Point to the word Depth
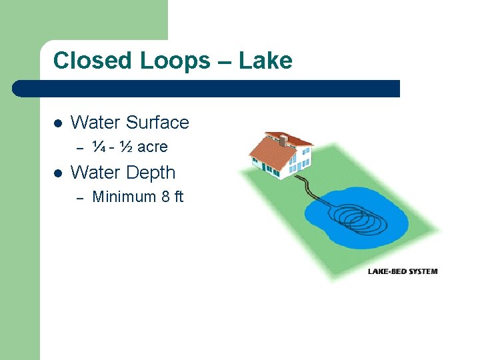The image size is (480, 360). pyautogui.click(x=151, y=173)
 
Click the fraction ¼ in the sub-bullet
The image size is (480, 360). pyautogui.click(x=99, y=147)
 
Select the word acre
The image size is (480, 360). pyautogui.click(x=153, y=147)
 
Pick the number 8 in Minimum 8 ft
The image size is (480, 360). pyautogui.click(x=165, y=197)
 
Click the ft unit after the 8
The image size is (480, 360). pyautogui.click(x=178, y=197)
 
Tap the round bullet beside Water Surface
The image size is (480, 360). pyautogui.click(x=57, y=123)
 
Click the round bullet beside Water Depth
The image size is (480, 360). pyautogui.click(x=57, y=173)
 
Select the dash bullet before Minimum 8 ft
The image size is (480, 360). pyautogui.click(x=79, y=197)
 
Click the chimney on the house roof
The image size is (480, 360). pyautogui.click(x=283, y=141)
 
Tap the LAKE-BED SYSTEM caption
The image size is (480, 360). pyautogui.click(x=403, y=271)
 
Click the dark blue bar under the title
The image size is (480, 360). pyautogui.click(x=207, y=89)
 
